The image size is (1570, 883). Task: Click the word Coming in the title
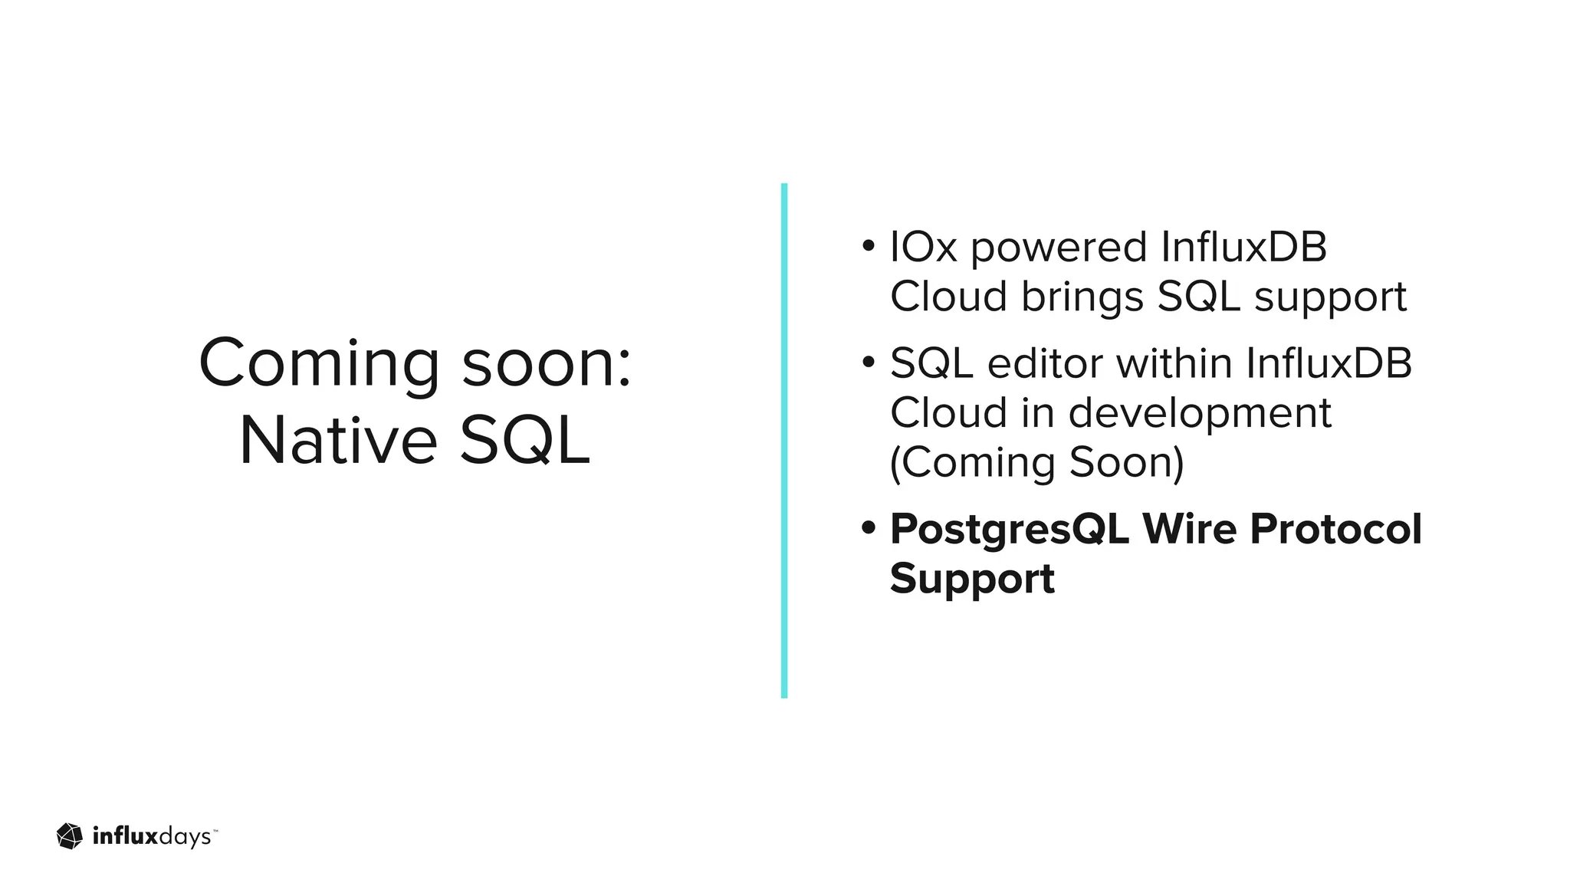[x=319, y=363]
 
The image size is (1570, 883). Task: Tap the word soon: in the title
[x=547, y=363]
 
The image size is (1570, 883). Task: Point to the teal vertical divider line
[x=783, y=441]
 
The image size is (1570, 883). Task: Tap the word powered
[x=1059, y=248]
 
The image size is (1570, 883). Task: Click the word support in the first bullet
[x=1330, y=297]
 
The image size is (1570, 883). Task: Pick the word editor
[x=1045, y=363]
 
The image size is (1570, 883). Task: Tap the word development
[x=1200, y=414]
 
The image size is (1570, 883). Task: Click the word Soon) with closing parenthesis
[x=1126, y=463]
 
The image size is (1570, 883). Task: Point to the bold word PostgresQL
[x=1009, y=530]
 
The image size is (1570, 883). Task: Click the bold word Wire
[x=1189, y=529]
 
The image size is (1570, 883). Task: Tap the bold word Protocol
[x=1335, y=529]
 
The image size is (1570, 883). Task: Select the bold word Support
[x=972, y=579]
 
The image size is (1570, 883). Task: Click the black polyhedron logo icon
[x=70, y=836]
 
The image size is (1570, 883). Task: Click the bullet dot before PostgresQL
[x=868, y=528]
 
